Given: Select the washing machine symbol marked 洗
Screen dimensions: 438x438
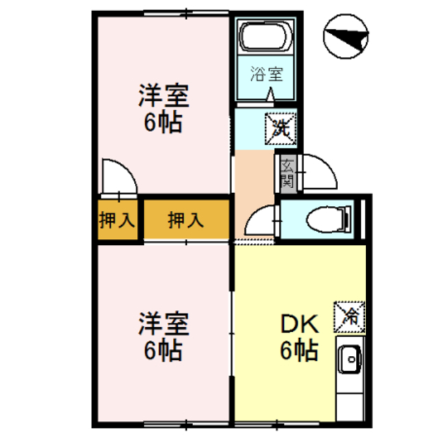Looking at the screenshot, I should pyautogui.click(x=281, y=127).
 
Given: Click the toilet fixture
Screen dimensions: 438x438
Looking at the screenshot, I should pyautogui.click(x=326, y=220).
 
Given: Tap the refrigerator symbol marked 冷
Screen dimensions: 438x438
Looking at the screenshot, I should pyautogui.click(x=350, y=316).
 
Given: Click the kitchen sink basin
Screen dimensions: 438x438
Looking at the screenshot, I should pyautogui.click(x=350, y=358).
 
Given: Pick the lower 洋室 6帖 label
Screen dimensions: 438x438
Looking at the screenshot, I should pyautogui.click(x=162, y=336).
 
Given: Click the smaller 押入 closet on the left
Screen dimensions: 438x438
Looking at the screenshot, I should pyautogui.click(x=118, y=220).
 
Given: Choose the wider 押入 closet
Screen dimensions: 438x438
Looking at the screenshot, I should pyautogui.click(x=185, y=220).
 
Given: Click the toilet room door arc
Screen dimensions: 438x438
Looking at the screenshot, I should pyautogui.click(x=260, y=223).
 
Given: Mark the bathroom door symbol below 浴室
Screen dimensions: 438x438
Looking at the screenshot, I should pyautogui.click(x=272, y=95).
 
